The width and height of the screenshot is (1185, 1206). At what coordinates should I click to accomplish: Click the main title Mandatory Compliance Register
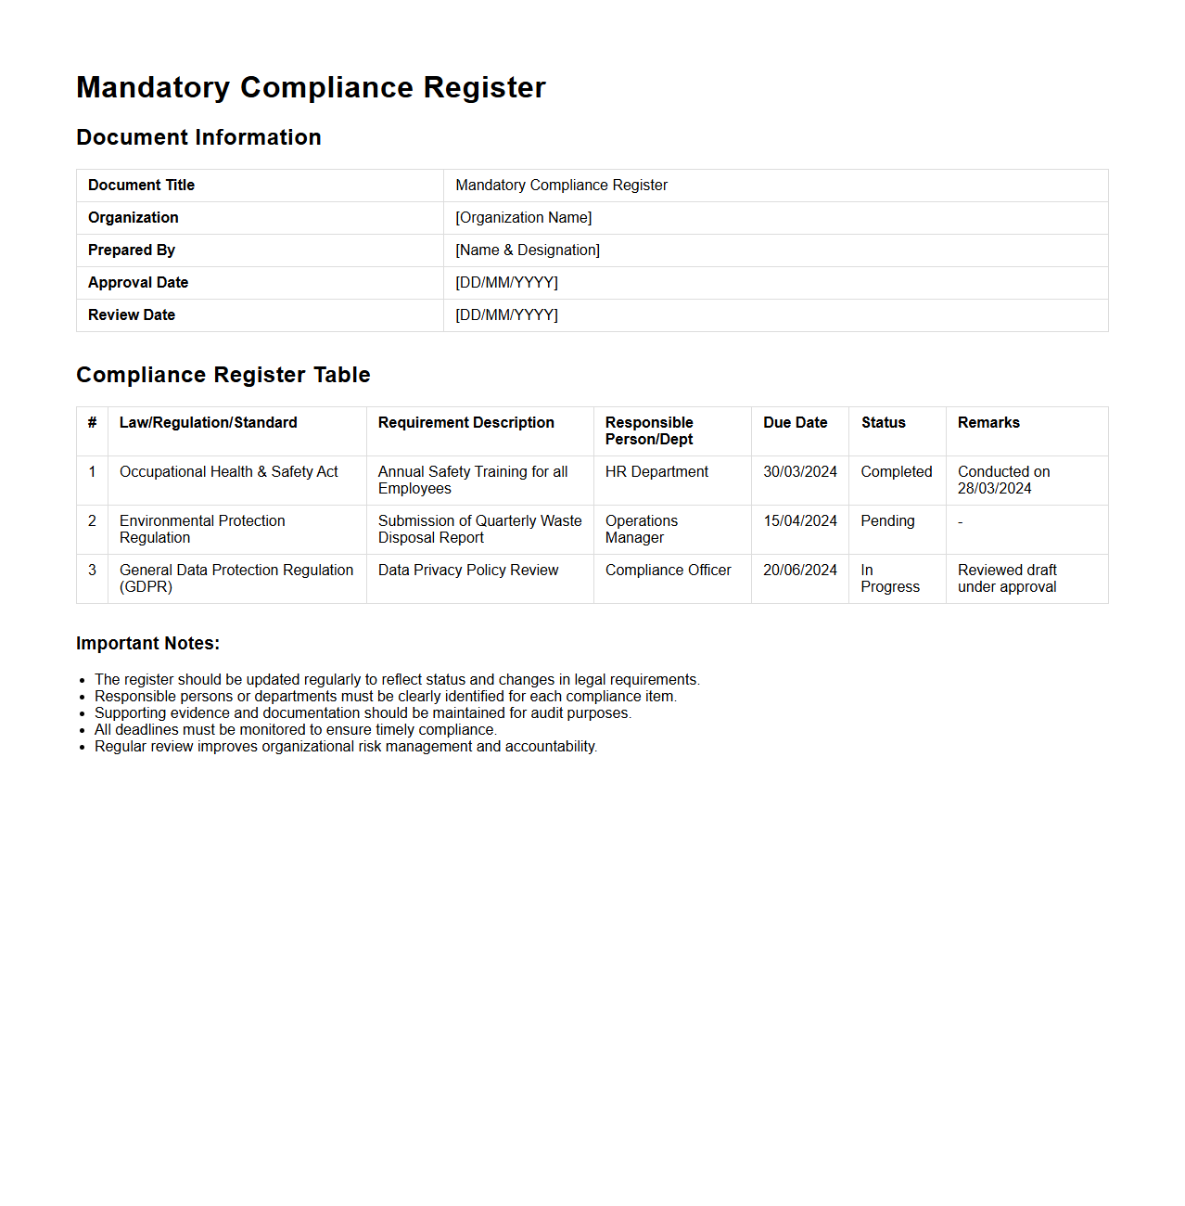point(311,87)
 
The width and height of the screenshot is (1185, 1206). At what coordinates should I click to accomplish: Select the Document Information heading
point(198,137)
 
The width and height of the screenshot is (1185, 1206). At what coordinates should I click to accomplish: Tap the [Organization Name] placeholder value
point(523,218)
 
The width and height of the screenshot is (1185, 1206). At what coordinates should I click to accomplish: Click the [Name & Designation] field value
point(527,250)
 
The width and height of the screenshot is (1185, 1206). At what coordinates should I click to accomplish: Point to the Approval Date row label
point(138,283)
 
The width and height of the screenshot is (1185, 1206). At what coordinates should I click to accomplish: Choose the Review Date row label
point(132,315)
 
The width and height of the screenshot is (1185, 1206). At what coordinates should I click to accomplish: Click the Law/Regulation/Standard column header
point(209,423)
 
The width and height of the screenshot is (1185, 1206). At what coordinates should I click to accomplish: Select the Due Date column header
point(795,423)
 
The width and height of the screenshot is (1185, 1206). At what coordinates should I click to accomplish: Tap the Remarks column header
point(988,423)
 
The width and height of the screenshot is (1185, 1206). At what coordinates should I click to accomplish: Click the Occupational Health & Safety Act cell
point(229,472)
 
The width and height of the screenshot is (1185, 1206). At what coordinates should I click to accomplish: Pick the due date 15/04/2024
point(800,521)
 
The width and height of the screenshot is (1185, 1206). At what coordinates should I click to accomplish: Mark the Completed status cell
point(896,472)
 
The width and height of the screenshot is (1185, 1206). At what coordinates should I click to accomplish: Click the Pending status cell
point(887,521)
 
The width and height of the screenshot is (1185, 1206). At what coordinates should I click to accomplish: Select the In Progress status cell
point(889,579)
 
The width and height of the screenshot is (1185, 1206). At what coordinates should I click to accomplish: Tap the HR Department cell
point(656,472)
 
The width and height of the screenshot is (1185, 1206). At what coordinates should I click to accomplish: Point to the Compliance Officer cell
point(668,571)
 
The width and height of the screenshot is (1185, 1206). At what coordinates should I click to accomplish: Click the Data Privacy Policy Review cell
point(468,571)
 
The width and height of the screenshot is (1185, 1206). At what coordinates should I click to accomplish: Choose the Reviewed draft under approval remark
point(1007,579)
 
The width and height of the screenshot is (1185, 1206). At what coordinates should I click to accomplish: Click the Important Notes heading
point(147,644)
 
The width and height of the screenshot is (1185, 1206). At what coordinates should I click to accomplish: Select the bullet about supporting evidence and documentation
point(363,713)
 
